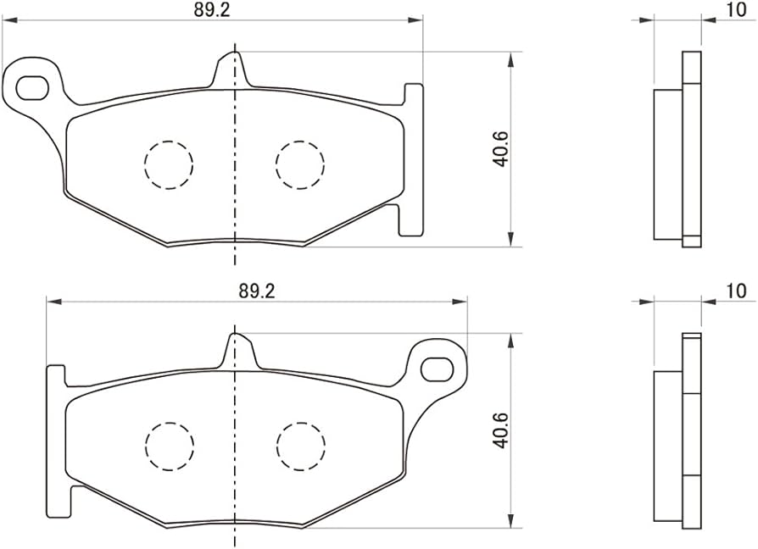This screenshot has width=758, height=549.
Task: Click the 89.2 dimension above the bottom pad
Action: [x=257, y=290]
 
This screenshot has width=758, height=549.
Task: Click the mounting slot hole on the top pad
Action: [x=32, y=86]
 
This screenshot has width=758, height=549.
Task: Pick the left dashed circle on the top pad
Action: [x=168, y=163]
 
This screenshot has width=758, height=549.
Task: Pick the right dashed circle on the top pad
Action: [x=300, y=163]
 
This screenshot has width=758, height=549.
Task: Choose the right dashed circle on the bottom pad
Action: [x=300, y=444]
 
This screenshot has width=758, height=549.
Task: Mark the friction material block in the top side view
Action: [x=667, y=163]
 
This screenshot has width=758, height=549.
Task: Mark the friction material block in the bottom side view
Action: [x=667, y=444]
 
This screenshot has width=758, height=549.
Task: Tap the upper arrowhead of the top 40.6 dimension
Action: [x=510, y=60]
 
